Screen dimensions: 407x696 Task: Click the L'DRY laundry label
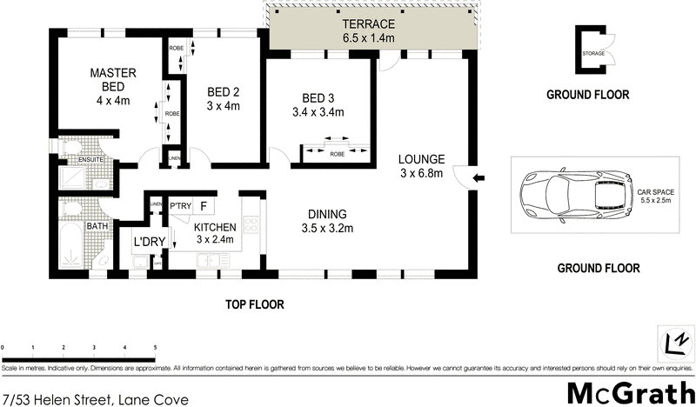149,241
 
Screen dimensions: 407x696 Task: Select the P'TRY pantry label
180,206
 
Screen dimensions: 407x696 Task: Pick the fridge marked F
203,206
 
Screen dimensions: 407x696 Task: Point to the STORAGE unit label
594,54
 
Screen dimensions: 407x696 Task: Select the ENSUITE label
72,159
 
